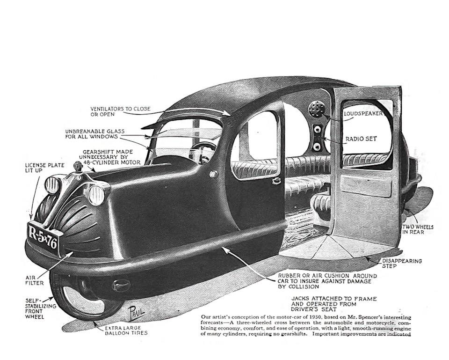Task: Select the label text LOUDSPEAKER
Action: [x=363, y=113]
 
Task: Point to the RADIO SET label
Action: [x=361, y=139]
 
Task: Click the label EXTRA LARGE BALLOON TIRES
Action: [x=126, y=331]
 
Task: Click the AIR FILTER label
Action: [x=33, y=279]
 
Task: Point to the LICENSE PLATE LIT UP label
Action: [x=40, y=169]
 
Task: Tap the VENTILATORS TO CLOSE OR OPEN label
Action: [x=121, y=111]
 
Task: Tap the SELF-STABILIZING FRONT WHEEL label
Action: [x=36, y=308]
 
